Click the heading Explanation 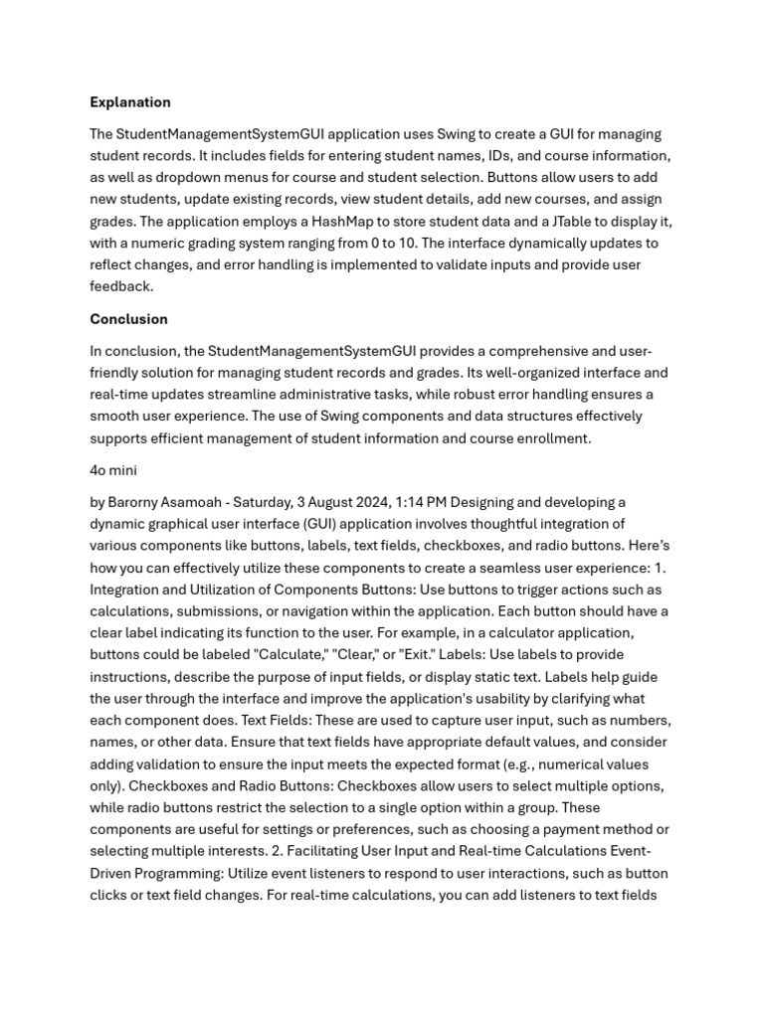[130, 102]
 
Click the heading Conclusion [128, 319]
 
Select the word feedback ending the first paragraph [121, 286]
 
